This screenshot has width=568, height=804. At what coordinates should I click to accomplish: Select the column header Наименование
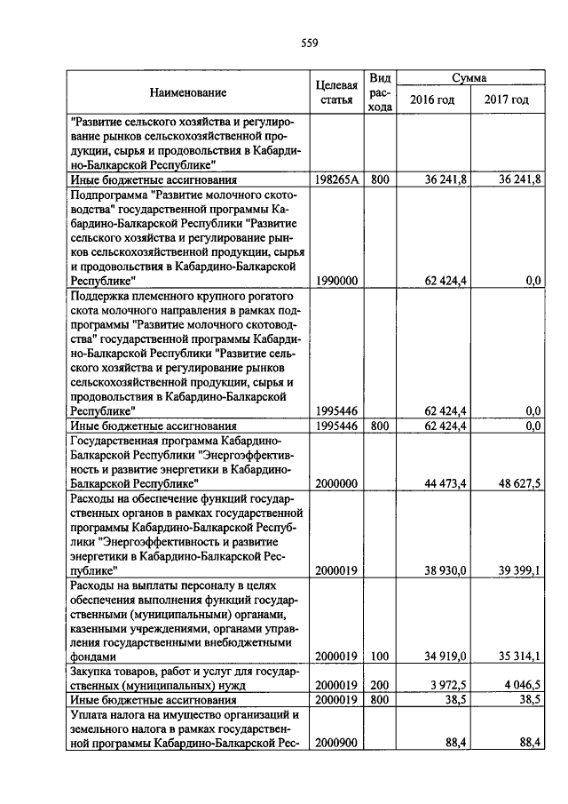[x=187, y=92]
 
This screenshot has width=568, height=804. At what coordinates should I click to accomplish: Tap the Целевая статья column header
[x=336, y=92]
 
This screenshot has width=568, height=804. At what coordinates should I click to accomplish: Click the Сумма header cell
[x=469, y=78]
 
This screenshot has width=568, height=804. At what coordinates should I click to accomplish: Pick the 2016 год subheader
[x=432, y=100]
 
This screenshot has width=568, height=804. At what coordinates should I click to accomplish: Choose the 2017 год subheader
[x=506, y=100]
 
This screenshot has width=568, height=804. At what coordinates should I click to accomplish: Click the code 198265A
[x=336, y=179]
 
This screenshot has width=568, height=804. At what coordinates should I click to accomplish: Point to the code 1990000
[x=336, y=280]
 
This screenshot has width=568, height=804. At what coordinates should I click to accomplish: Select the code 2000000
[x=336, y=482]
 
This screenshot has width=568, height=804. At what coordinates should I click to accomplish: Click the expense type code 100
[x=380, y=657]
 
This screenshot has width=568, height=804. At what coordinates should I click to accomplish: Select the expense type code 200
[x=380, y=685]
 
